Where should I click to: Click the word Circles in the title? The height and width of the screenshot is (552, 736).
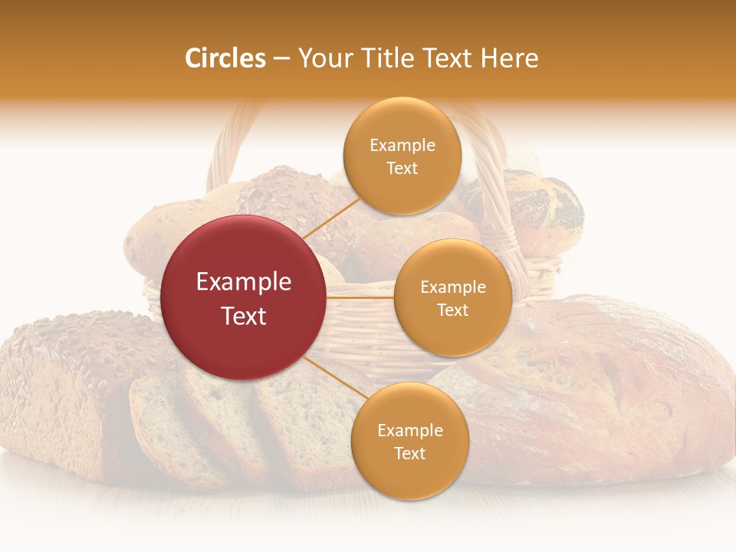[225, 58]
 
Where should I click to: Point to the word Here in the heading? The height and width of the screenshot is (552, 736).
[509, 58]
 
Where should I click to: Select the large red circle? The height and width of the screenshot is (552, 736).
[244, 297]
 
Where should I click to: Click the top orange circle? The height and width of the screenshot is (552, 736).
[402, 156]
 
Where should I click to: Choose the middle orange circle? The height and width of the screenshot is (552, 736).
[452, 297]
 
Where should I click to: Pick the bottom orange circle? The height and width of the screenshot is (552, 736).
[409, 441]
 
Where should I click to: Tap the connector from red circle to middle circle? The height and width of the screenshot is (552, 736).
[360, 297]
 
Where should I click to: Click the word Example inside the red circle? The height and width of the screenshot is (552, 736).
[244, 282]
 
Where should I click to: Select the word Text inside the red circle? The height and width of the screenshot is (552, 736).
[244, 316]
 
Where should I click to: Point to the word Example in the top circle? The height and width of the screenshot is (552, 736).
[402, 146]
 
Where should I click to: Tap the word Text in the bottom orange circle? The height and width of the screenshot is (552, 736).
[409, 453]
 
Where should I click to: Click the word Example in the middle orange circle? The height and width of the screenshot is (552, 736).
[452, 287]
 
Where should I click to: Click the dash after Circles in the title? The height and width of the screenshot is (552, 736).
[281, 58]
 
